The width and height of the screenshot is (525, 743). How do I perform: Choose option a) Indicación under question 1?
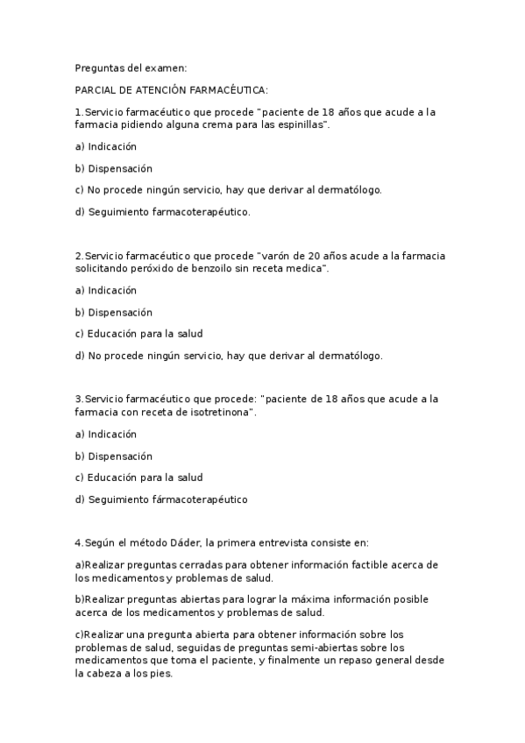pos(106,146)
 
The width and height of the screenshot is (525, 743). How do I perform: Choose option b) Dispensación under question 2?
pos(114,312)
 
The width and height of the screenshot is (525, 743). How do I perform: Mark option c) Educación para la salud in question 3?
pos(139,478)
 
